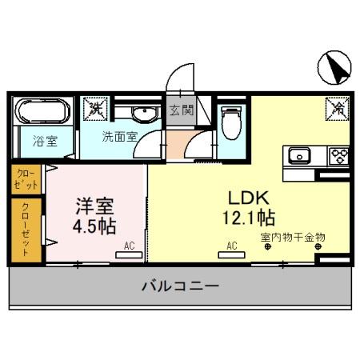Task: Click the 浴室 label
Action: [x=46, y=142]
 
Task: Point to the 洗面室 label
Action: [x=118, y=136]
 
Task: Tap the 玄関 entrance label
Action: [x=180, y=110]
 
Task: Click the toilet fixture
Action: [x=230, y=121]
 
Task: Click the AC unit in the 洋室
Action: [x=126, y=252]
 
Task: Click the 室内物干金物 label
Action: [x=291, y=237]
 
